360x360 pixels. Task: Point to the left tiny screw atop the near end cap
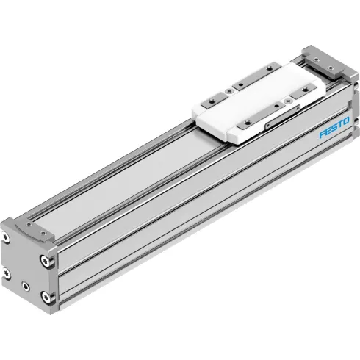27,221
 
